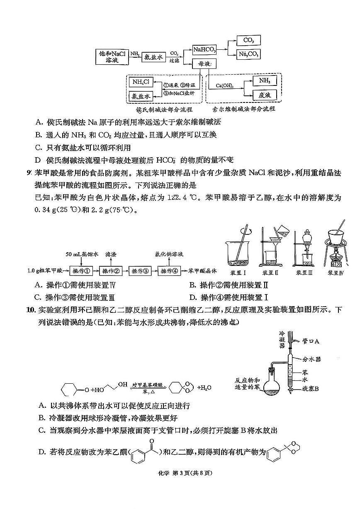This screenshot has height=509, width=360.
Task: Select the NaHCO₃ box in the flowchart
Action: point(204,50)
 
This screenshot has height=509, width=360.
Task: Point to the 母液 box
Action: point(205,64)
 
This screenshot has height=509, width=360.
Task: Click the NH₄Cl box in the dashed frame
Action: point(140,82)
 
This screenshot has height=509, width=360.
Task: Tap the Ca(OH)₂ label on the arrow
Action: point(224,86)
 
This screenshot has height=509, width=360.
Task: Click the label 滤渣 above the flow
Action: point(111,254)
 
